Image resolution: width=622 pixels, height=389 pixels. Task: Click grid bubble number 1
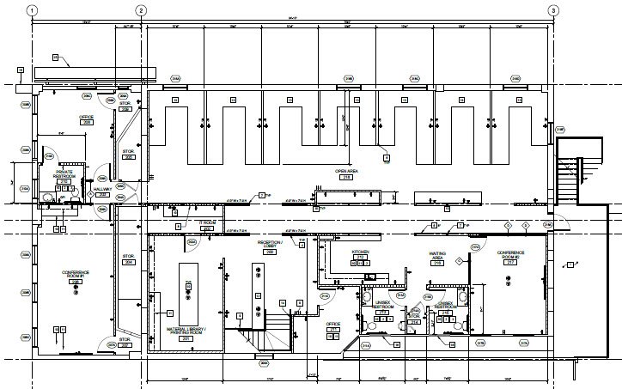pos(32,10)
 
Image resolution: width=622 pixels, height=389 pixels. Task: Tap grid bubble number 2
pos(142,10)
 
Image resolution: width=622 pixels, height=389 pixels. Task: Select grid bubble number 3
pos(553,10)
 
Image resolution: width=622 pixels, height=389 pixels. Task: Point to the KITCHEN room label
pos(360,254)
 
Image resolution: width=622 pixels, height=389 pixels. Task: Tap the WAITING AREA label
pos(436,257)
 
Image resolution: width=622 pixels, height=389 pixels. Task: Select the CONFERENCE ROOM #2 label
pos(509,255)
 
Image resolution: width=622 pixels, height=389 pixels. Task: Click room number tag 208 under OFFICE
pos(86,123)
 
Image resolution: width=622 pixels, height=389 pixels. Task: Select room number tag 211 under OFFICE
pos(333,329)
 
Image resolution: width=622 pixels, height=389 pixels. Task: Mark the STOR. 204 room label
pos(128,259)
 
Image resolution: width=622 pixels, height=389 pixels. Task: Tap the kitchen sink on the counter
pos(371,276)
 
